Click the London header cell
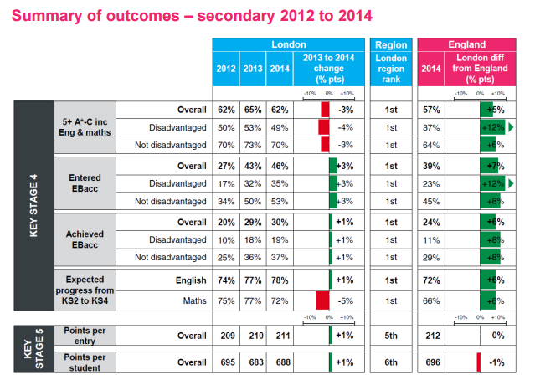288,44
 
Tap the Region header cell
391,44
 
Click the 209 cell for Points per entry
225,335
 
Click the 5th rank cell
391,335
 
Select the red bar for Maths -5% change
322,300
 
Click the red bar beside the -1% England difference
478,362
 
